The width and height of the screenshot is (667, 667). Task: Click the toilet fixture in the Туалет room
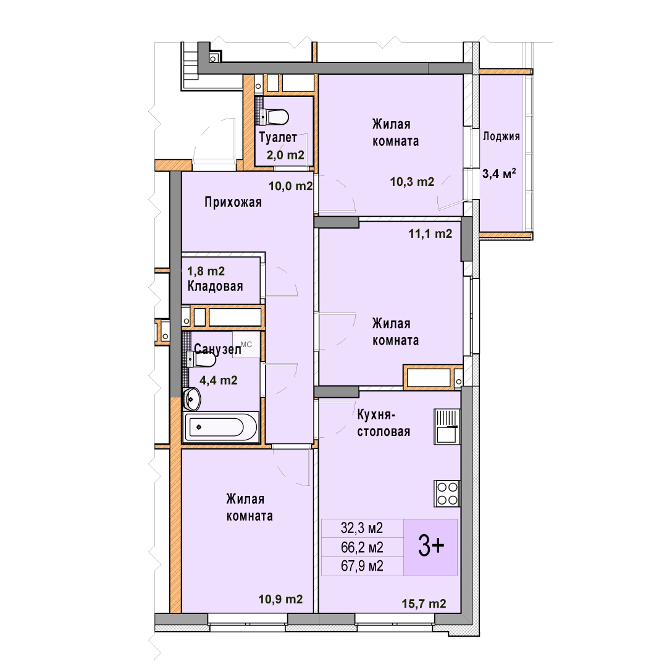tap(274, 117)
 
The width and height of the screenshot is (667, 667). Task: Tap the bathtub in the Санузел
tap(220, 427)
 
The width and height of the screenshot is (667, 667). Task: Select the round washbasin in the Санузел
tap(192, 399)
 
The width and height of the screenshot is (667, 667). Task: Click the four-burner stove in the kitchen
tap(447, 493)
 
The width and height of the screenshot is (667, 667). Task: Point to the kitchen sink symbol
tap(447, 427)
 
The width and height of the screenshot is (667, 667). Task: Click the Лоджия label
tap(501, 136)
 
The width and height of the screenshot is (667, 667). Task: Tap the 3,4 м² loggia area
tap(499, 174)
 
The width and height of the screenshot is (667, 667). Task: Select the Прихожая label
tap(233, 202)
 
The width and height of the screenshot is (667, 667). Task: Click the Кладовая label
tap(216, 287)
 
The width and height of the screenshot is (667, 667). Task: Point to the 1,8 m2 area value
tap(206, 271)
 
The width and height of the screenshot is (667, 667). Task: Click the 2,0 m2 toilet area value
tap(285, 155)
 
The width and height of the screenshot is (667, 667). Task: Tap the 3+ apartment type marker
tap(431, 546)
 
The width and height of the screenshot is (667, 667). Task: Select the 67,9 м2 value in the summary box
tap(362, 566)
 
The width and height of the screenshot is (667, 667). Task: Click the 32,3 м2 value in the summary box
tap(362, 528)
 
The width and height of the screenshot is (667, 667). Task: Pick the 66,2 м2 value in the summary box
tap(362, 547)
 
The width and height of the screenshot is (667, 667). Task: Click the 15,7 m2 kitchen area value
tap(424, 603)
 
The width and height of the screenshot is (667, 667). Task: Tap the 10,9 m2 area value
tap(281, 599)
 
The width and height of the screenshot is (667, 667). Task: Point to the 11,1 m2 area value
tap(430, 233)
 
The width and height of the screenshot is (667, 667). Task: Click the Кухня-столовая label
tap(384, 423)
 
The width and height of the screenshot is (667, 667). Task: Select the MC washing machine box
tap(246, 345)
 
